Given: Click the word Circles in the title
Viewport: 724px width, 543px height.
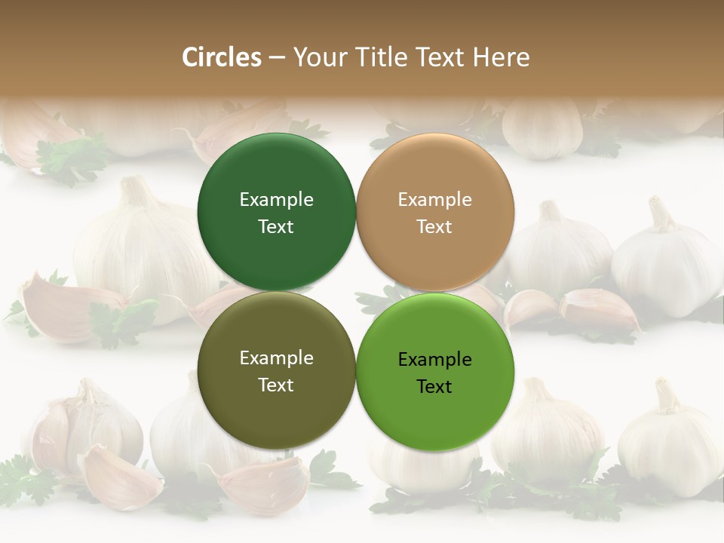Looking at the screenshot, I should point(222,57).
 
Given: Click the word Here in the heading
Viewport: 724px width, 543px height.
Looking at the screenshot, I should point(501,57).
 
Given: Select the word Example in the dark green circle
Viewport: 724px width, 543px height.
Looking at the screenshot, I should point(276,200).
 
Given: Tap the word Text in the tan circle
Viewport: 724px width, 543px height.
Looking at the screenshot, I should point(434,227).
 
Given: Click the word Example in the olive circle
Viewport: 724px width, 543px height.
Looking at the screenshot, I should point(276,358).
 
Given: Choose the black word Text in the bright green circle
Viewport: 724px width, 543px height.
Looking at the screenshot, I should point(434,387).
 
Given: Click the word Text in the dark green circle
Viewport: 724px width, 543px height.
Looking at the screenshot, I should point(276,227).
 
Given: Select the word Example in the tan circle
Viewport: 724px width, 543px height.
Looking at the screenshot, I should point(434,200).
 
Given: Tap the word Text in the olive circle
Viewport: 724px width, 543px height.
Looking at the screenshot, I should point(276,385).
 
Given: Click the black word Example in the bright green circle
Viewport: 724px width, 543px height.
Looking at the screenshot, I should point(434,360).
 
